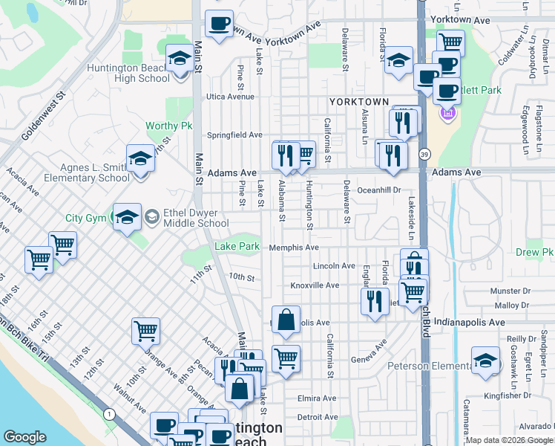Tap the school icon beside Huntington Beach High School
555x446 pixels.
point(179,59)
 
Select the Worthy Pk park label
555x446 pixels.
point(168,126)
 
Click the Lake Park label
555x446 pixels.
point(237,246)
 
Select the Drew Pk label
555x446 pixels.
point(538,253)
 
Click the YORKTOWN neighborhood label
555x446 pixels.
point(359,102)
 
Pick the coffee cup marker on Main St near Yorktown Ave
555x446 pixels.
point(219,25)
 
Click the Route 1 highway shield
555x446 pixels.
point(110,413)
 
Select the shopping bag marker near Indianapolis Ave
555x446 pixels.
point(286,320)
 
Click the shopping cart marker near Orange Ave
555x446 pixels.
point(146,331)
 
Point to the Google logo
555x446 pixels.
point(25,437)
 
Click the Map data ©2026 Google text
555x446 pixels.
point(509,440)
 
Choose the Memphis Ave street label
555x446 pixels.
point(294,248)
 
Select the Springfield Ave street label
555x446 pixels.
point(234,135)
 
